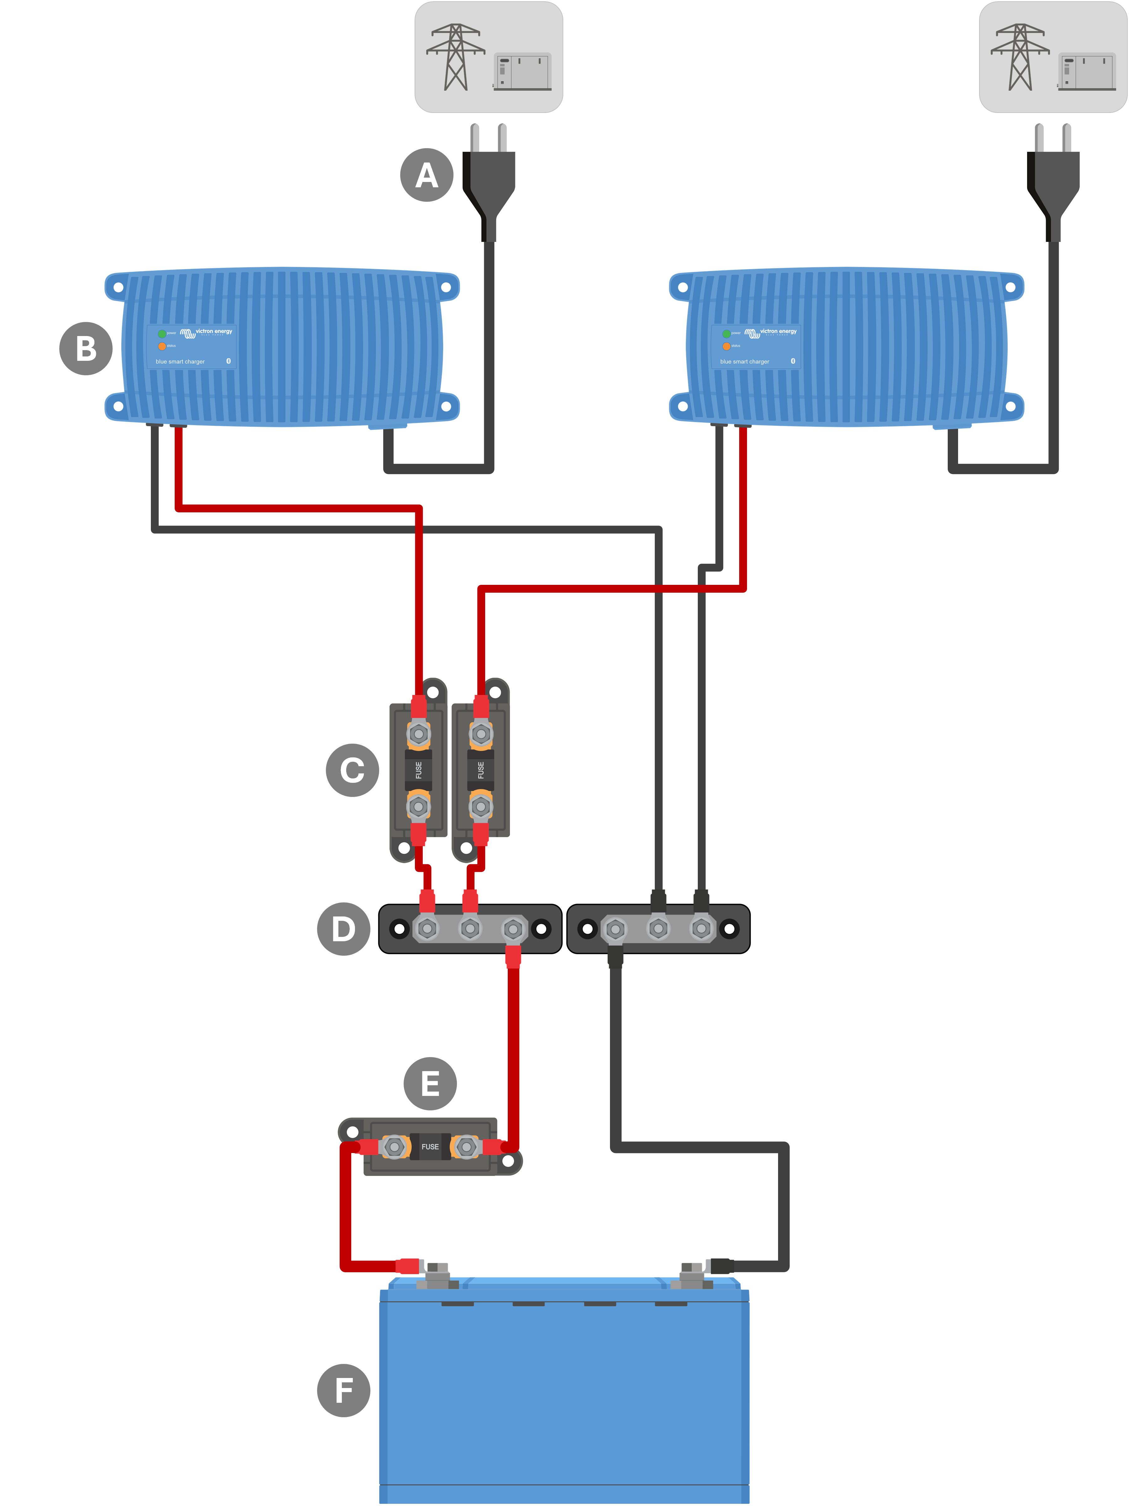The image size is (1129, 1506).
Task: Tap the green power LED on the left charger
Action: pos(162,334)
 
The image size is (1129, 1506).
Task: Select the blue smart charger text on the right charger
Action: pos(745,361)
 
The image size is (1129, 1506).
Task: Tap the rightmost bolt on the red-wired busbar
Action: pos(513,929)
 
